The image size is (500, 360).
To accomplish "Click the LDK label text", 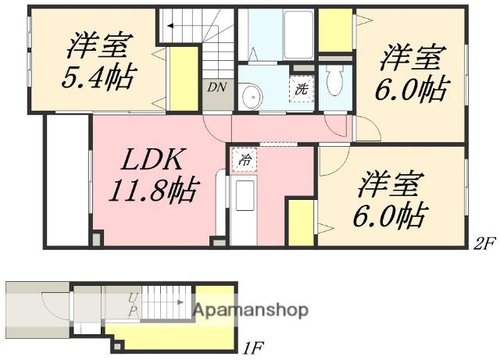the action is [152, 159].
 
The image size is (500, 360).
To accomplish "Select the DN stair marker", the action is [217, 87].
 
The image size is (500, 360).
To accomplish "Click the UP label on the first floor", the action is [133, 305].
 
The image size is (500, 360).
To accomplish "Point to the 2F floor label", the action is [484, 244].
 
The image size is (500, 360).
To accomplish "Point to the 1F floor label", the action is [253, 348].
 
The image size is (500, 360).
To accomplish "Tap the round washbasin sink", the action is [252, 95].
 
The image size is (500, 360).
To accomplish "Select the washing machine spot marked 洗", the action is [302, 89].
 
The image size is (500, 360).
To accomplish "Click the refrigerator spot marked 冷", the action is [245, 159].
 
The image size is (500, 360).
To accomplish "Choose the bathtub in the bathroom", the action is [298, 35].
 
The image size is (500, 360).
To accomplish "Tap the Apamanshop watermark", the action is [251, 310].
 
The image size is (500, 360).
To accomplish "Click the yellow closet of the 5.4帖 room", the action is [183, 78].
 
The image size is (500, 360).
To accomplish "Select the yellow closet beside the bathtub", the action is [335, 30].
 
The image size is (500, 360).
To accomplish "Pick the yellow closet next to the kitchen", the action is [302, 223].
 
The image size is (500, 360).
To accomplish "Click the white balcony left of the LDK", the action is [68, 180].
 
